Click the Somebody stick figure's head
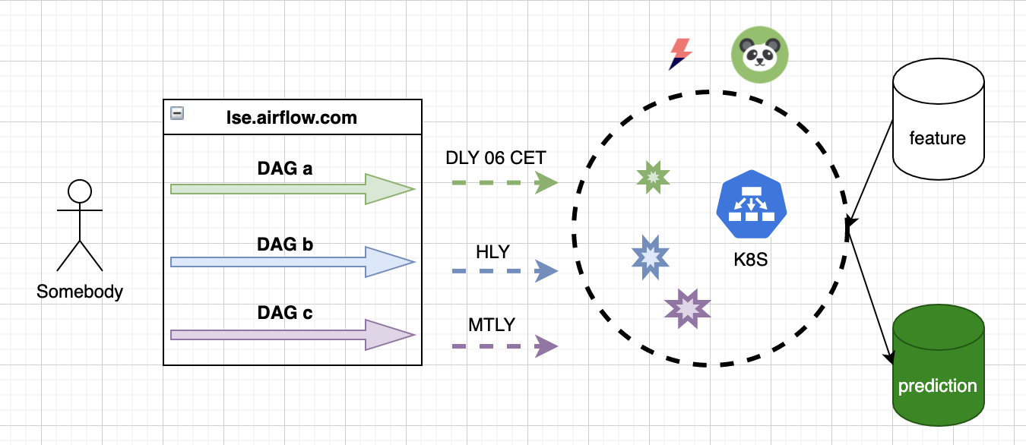(x=80, y=191)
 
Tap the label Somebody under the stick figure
(x=80, y=292)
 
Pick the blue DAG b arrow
(x=293, y=262)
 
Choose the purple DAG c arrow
(x=293, y=335)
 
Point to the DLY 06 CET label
(x=496, y=159)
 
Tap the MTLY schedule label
(x=492, y=325)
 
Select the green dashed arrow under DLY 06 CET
(x=505, y=182)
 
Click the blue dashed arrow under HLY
(x=505, y=271)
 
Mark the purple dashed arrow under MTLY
(x=505, y=346)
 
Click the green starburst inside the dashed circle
(x=653, y=177)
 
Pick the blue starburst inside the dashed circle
(x=651, y=257)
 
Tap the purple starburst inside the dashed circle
(x=687, y=308)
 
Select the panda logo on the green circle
(x=759, y=55)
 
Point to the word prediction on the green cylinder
(x=937, y=386)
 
